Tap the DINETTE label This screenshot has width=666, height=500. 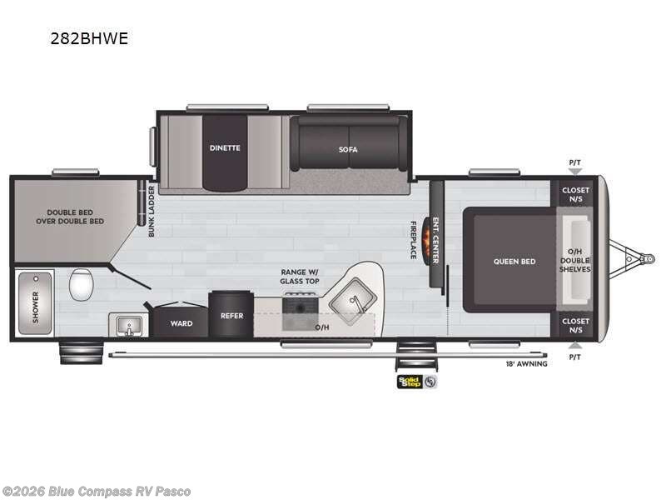click(225, 147)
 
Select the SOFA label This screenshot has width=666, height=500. click(348, 149)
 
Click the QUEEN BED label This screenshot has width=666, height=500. click(514, 261)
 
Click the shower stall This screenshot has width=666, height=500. click(36, 301)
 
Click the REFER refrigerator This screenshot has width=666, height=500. click(231, 315)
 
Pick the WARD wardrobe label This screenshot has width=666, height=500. click(181, 323)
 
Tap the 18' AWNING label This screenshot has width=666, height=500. click(526, 363)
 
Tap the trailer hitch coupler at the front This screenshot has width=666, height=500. click(644, 259)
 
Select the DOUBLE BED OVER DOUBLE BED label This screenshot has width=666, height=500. click(70, 217)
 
